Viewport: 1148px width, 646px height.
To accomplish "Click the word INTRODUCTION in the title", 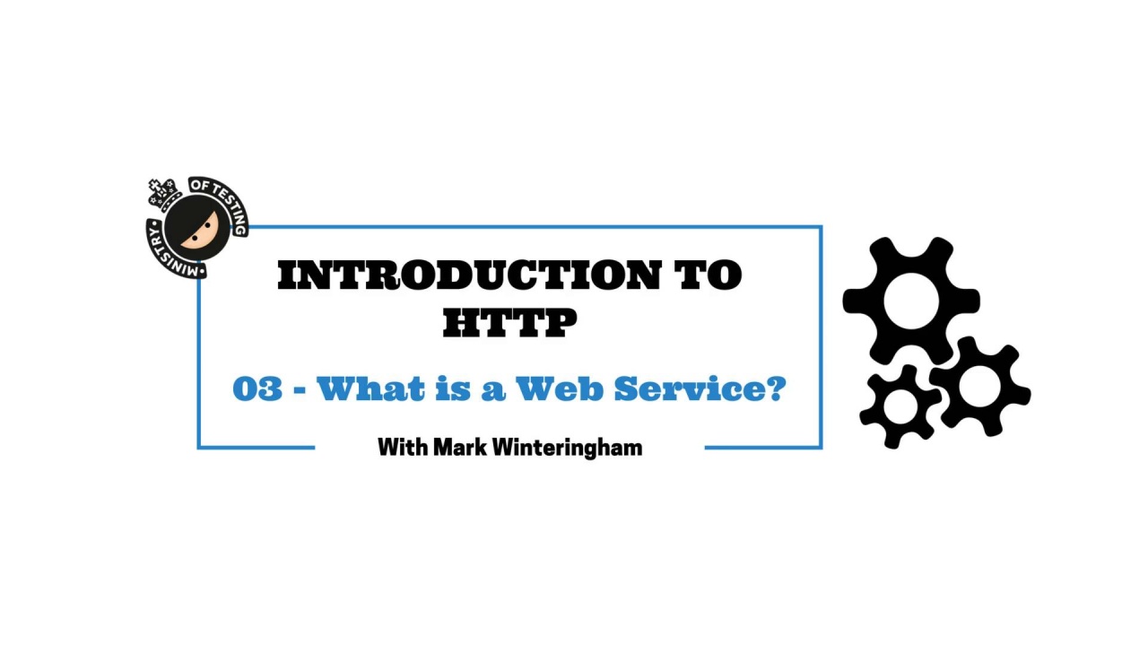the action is pyautogui.click(x=469, y=275).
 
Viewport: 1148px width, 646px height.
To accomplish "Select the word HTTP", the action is pyautogui.click(x=510, y=322).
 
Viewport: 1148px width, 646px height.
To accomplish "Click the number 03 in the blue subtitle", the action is pyautogui.click(x=257, y=388).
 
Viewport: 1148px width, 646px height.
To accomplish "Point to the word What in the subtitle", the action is pyautogui.click(x=370, y=388).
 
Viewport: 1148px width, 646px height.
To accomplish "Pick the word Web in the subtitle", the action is pyautogui.click(x=559, y=388).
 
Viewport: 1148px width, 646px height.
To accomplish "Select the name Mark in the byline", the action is pyautogui.click(x=460, y=447).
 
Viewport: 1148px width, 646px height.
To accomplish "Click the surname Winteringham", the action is pyautogui.click(x=568, y=448).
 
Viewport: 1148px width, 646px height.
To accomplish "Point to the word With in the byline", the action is pyautogui.click(x=403, y=447).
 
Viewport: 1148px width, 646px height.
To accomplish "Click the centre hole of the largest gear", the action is pyautogui.click(x=911, y=301).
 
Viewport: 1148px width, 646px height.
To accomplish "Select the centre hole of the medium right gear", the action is pyautogui.click(x=979, y=386).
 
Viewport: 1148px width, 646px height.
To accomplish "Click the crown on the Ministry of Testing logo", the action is pyautogui.click(x=164, y=193).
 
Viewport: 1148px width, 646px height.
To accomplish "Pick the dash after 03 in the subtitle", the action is pyautogui.click(x=300, y=390).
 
